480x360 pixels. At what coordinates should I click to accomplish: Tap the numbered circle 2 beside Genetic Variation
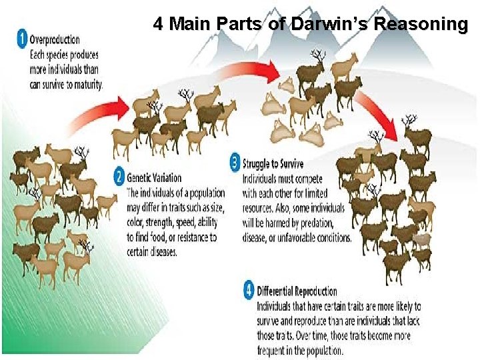click(119, 177)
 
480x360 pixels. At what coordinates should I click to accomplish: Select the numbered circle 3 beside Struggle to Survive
click(235, 161)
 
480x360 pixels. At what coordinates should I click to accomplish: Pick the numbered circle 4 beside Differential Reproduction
click(249, 291)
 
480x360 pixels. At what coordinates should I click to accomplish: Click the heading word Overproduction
click(55, 40)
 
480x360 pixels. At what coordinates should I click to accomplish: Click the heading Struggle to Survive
click(273, 164)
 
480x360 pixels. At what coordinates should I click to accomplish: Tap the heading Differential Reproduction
click(297, 291)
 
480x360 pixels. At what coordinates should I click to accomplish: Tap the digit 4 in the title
click(158, 25)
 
